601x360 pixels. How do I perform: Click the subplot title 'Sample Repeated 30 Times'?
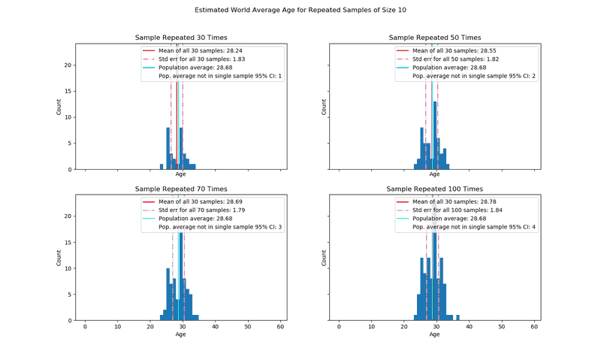(180, 38)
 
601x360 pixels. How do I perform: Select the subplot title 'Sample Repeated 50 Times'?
(434, 38)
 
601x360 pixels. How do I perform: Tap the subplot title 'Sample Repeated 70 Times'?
(180, 189)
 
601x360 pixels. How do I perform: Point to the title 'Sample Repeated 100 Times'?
(434, 189)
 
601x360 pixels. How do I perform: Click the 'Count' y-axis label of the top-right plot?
(325, 107)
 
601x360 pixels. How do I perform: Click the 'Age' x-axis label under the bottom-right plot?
(434, 334)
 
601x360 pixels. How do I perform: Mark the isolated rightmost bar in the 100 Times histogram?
(458, 317)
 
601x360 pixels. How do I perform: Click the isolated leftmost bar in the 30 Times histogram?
(162, 166)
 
